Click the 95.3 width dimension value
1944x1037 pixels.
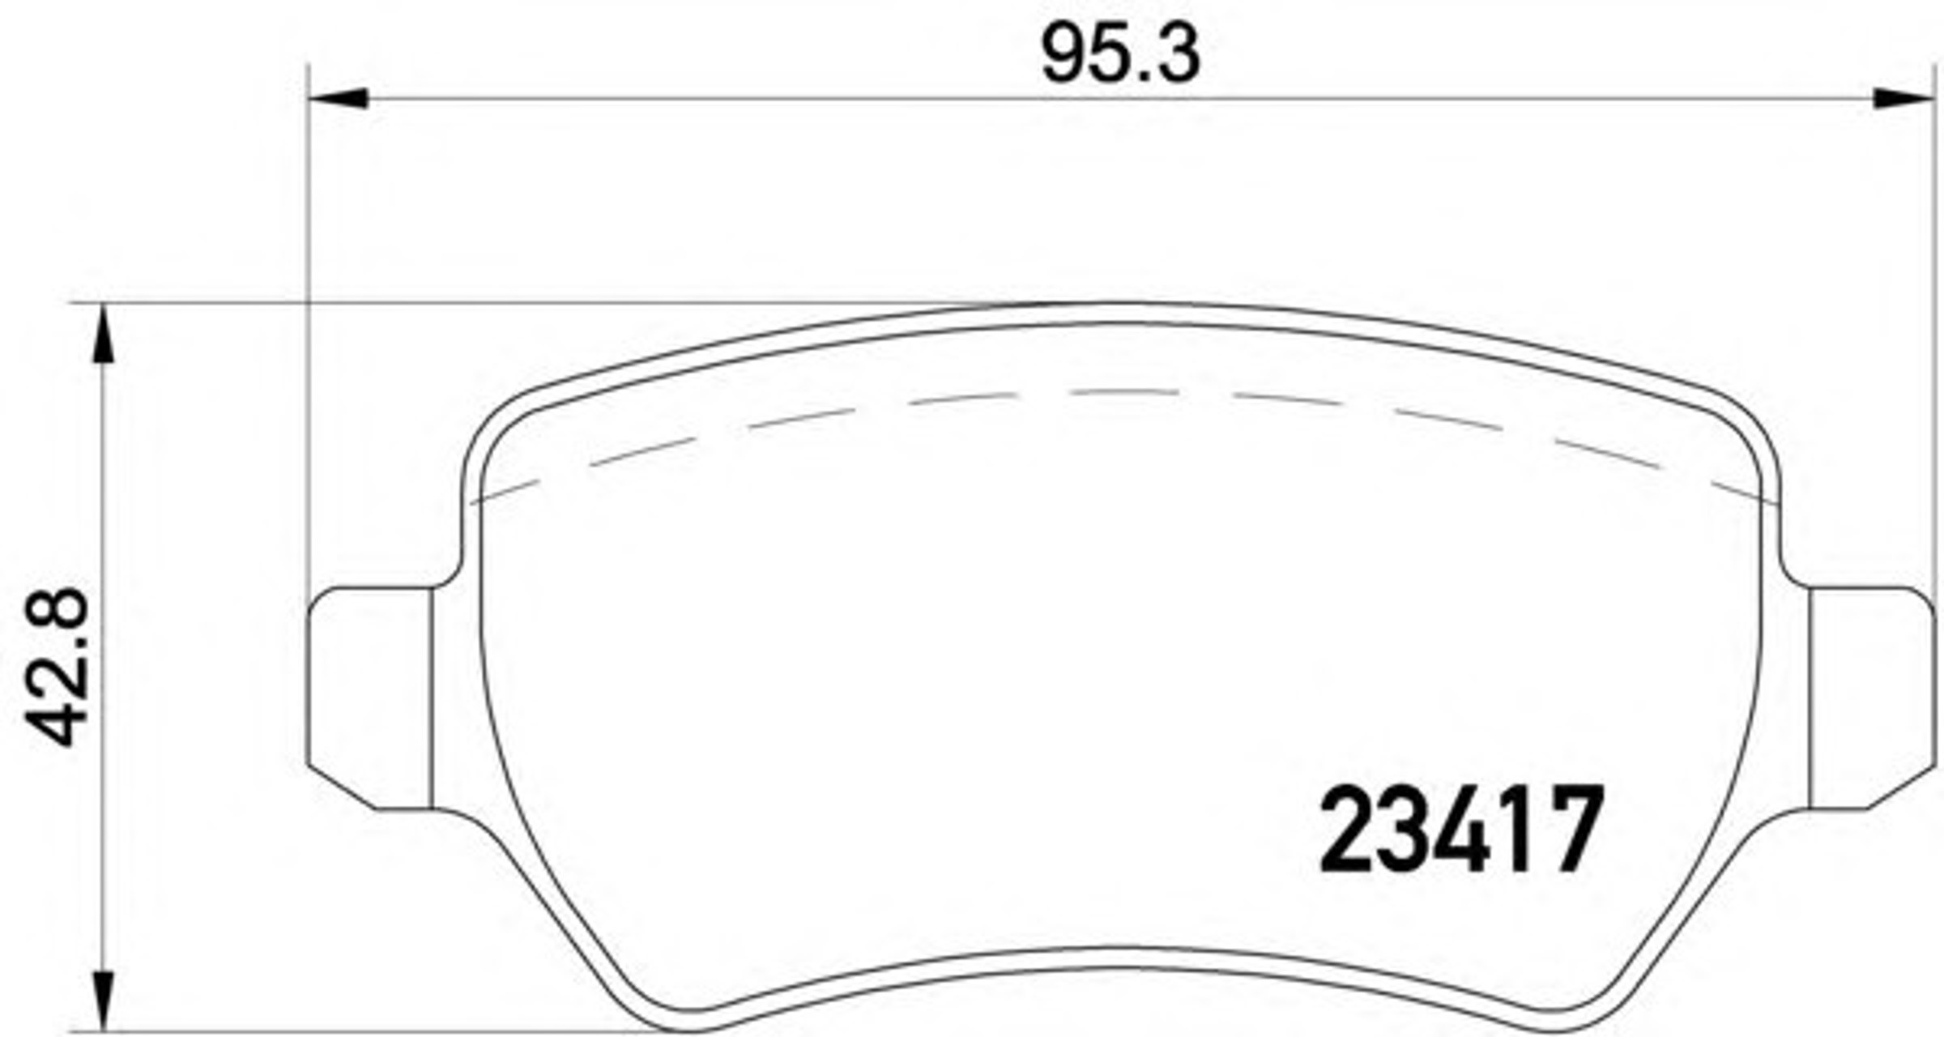1121,54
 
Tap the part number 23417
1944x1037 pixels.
1462,829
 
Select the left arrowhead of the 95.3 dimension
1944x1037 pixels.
339,98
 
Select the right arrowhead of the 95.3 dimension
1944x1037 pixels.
1904,98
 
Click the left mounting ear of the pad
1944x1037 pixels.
369,698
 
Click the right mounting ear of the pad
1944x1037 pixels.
1873,698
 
